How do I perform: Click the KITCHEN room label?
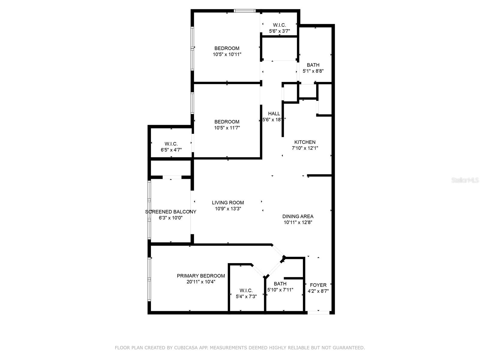(x=305, y=142)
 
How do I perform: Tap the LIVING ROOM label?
(x=228, y=203)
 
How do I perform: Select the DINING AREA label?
(x=298, y=216)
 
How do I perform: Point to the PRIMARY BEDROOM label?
(x=201, y=276)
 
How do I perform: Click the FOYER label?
(x=318, y=285)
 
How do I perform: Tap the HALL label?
(x=274, y=114)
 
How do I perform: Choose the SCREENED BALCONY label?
(x=171, y=212)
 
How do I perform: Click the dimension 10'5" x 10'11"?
(x=227, y=55)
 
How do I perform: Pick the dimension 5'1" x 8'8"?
(x=313, y=71)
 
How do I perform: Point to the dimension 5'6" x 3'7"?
(x=279, y=31)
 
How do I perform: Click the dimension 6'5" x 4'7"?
(x=171, y=150)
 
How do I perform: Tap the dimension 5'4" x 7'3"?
(x=246, y=296)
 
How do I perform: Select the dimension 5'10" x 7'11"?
(x=280, y=290)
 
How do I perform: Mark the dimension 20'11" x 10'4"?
(x=201, y=282)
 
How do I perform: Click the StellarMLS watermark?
(x=465, y=180)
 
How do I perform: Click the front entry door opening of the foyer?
(x=318, y=313)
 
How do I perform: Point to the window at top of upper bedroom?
(x=244, y=11)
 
